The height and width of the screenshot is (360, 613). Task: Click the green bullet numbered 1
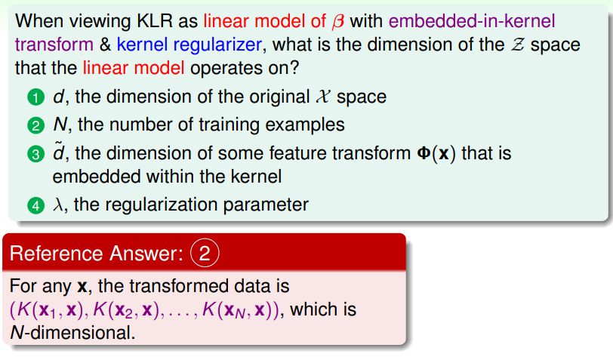point(35,97)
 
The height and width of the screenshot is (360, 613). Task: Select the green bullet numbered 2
point(35,125)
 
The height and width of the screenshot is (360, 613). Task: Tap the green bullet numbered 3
point(35,154)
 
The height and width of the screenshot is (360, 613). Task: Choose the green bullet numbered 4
point(35,205)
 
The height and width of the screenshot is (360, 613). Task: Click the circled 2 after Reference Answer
point(205,253)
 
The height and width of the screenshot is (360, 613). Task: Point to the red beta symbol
point(338,21)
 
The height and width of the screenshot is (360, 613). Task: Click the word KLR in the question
point(155,20)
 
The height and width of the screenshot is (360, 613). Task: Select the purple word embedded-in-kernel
point(472,20)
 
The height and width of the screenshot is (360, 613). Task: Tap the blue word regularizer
point(217,45)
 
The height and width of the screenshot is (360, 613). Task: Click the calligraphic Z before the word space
point(517,45)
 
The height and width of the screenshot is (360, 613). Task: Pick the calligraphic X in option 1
point(323,97)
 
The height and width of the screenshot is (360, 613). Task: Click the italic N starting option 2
point(60,125)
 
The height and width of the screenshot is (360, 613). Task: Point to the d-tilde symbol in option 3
point(59,152)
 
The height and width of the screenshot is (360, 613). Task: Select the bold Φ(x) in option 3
point(436,153)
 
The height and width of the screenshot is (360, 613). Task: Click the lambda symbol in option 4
point(58,205)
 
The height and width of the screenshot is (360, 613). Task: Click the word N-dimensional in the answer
point(72,333)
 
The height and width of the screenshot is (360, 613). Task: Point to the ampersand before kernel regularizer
point(105,45)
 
